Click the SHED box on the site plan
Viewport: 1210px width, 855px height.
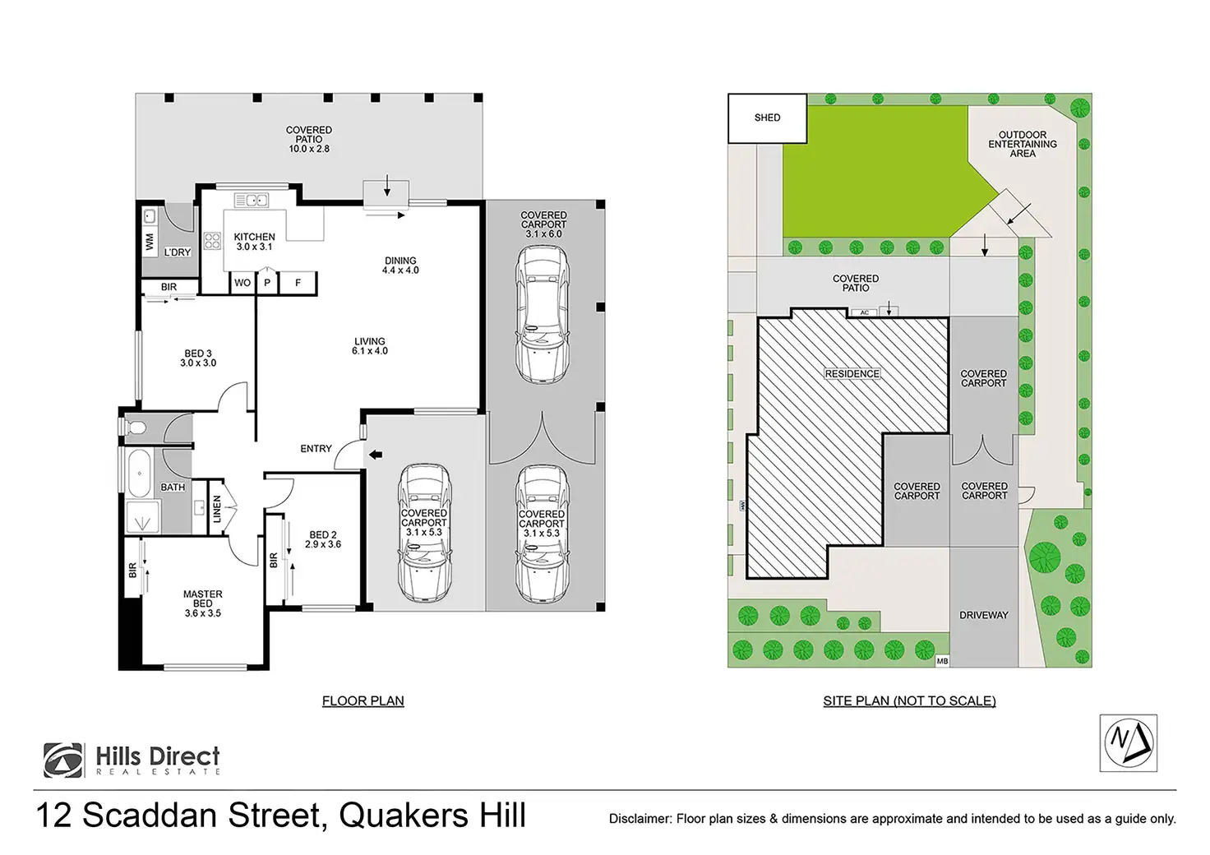click(x=767, y=118)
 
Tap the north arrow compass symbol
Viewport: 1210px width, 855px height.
click(x=1128, y=742)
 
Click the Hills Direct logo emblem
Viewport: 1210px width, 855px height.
click(x=63, y=760)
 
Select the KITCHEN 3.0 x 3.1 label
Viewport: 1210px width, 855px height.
click(x=254, y=242)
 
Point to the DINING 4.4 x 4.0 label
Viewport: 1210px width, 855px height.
click(x=400, y=266)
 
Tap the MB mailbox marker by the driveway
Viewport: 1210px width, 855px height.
click(x=942, y=661)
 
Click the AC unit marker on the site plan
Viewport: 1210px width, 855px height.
click(x=864, y=313)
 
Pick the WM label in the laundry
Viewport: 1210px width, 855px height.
click(x=150, y=243)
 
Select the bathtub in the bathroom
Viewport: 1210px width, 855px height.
click(x=138, y=474)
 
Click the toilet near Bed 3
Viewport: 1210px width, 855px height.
click(x=136, y=427)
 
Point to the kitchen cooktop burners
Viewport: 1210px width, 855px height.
click(x=212, y=241)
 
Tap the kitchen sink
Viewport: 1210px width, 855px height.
click(x=251, y=200)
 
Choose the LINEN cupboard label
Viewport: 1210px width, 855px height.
click(x=217, y=509)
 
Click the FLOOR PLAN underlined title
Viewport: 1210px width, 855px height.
click(x=363, y=701)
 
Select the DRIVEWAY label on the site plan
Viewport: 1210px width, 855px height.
click(x=983, y=615)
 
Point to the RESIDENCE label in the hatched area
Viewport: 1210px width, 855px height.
click(x=852, y=374)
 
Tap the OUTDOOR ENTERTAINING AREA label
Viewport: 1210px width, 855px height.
click(x=1023, y=144)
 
